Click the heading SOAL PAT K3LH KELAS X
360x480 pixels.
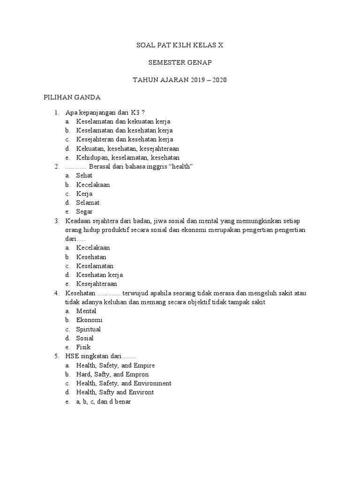click(x=180, y=45)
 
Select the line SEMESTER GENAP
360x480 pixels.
click(x=180, y=62)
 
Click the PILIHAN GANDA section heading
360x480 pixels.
click(x=72, y=97)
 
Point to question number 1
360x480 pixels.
click(x=56, y=112)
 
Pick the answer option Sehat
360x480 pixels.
click(x=84, y=175)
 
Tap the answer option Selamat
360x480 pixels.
click(x=88, y=202)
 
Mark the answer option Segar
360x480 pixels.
click(x=84, y=211)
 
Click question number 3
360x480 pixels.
click(x=56, y=221)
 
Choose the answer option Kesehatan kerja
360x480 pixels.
click(x=99, y=275)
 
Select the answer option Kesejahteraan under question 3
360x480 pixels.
click(x=97, y=284)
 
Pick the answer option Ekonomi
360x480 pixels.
click(x=89, y=320)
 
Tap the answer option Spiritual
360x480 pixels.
click(x=89, y=329)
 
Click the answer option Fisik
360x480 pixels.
click(x=83, y=347)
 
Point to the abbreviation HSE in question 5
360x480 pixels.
click(x=73, y=356)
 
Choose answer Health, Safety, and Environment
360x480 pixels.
click(x=124, y=383)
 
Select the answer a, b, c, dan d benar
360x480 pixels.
click(x=104, y=401)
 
